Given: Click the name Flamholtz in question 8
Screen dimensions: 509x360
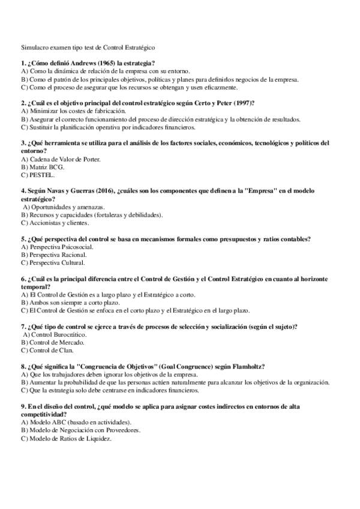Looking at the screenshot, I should pos(247,366).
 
